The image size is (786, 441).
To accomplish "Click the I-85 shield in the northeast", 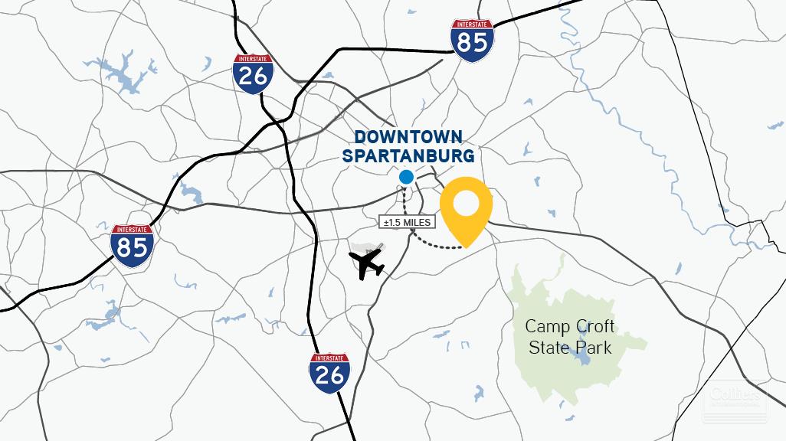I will [471, 41].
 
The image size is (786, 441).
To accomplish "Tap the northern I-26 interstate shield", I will [253, 73].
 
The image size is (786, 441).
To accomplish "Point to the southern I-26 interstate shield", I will [330, 373].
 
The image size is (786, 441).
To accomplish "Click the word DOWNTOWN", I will [408, 138].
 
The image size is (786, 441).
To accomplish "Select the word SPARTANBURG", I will [408, 156].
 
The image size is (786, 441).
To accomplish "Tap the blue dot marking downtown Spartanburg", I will [406, 178].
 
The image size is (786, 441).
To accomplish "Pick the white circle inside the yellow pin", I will [466, 203].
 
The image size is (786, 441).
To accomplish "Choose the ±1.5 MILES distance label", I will [408, 222].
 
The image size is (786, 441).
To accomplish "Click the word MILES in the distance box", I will [417, 222].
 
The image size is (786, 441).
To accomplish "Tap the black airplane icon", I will [367, 263].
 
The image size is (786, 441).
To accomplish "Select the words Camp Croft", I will [569, 327].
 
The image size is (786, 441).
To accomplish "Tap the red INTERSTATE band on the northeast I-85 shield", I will [471, 24].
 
